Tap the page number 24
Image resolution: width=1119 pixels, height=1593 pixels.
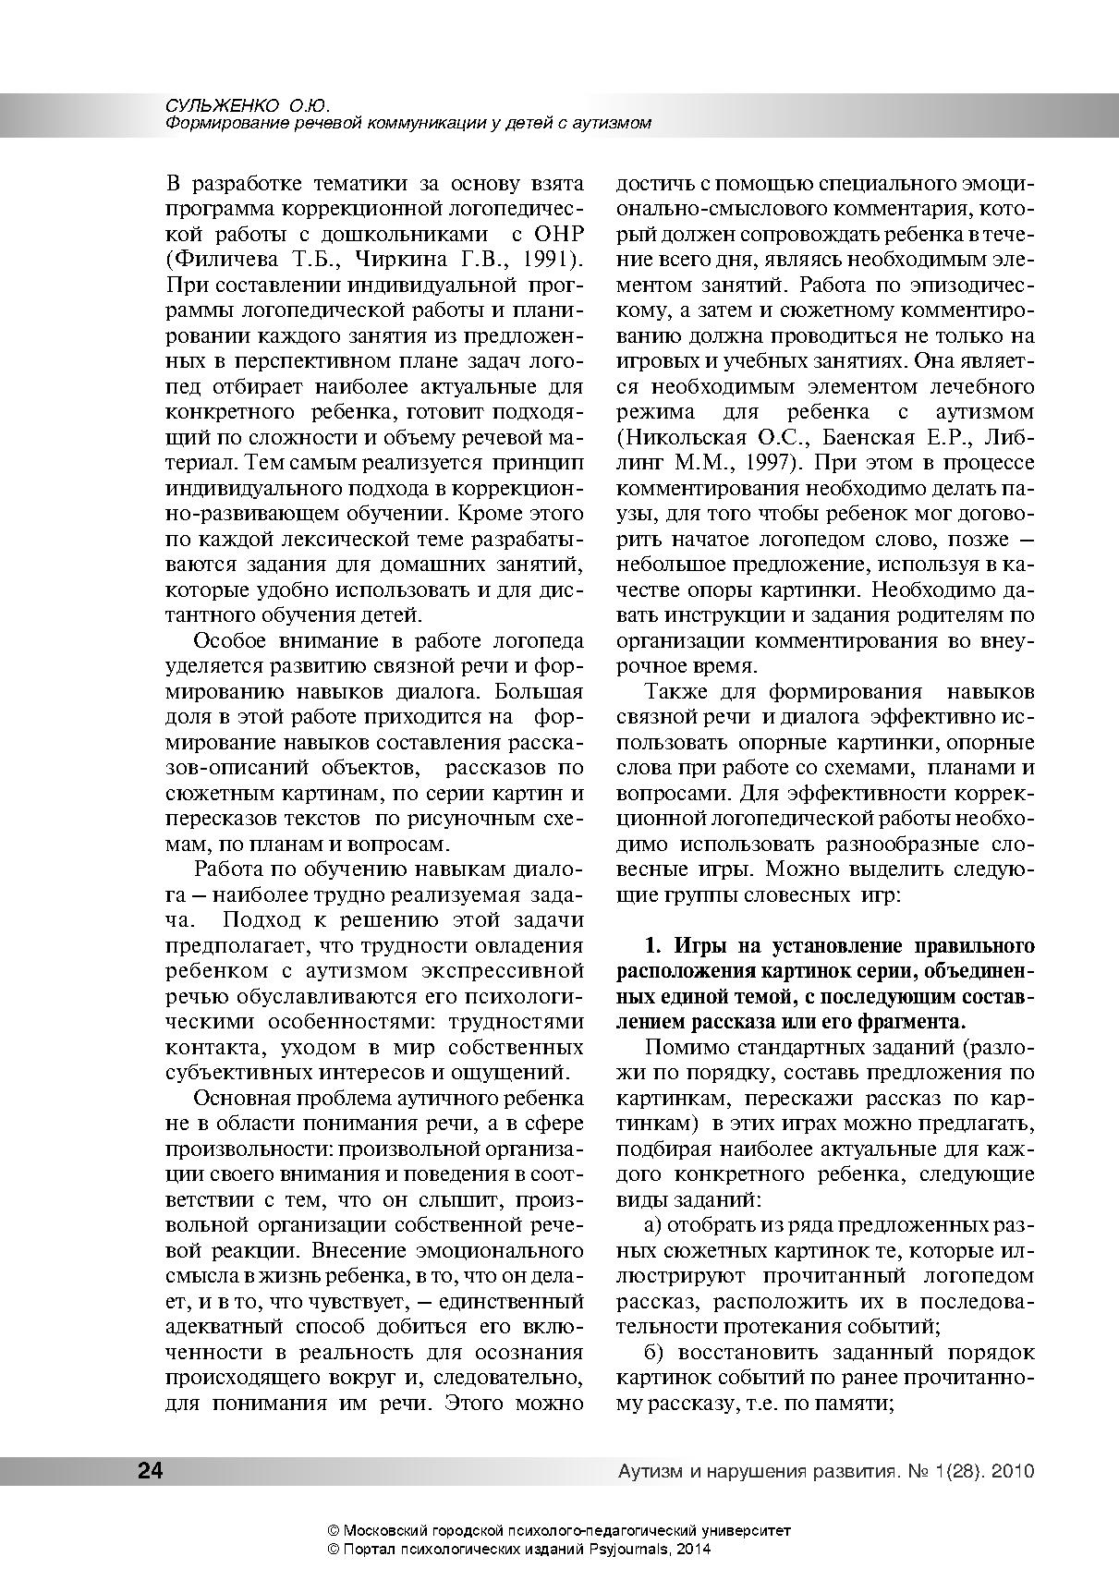pos(150,1471)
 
